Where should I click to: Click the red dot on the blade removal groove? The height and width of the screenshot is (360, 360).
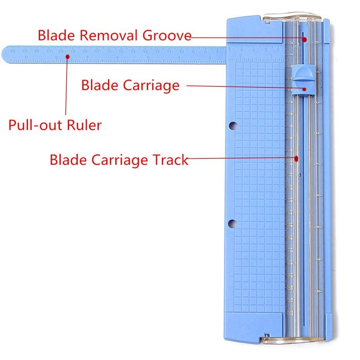coord(304,40)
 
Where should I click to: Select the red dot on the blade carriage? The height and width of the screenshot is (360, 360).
coord(305,89)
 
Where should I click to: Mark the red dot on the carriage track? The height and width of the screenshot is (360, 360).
coord(297,158)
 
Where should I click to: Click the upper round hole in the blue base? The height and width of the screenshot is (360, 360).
coord(232,124)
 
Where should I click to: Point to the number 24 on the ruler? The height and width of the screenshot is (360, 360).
coord(13,52)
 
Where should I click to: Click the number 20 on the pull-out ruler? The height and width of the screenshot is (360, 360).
coord(61,52)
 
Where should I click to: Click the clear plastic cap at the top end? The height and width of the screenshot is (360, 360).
coord(292,18)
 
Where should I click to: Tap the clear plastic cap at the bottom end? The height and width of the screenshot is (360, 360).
coord(292,342)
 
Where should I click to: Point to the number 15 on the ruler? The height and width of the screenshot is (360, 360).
coord(121,52)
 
